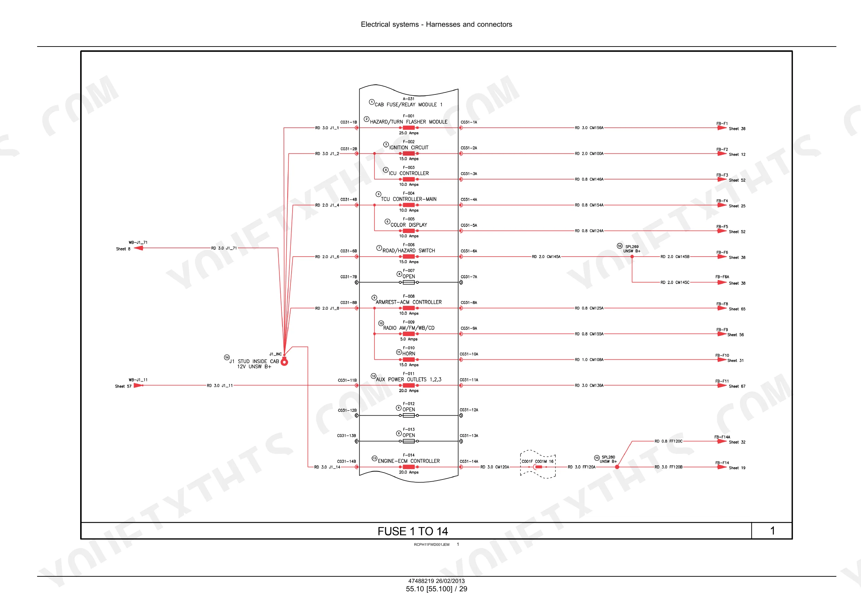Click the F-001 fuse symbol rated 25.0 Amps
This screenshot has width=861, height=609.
coord(408,127)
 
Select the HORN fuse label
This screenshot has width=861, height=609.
coord(409,353)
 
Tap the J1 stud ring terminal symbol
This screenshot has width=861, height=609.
coord(284,362)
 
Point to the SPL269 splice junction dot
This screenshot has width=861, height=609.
coord(632,257)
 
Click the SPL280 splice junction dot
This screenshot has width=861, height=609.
coord(617,467)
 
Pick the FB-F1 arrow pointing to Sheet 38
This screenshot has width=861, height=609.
coord(722,127)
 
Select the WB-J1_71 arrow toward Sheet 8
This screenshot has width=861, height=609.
coord(138,248)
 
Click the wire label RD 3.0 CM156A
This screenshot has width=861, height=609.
coord(589,127)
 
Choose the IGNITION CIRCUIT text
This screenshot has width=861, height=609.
coord(409,148)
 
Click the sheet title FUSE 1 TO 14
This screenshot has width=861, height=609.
coord(413,531)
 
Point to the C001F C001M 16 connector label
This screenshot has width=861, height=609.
coord(537,461)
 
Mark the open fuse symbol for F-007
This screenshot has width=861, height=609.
coord(408,282)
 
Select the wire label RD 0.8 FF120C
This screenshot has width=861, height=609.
coord(669,441)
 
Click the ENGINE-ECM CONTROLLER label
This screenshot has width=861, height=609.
coord(409,461)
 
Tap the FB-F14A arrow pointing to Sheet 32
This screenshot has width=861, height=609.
coord(722,441)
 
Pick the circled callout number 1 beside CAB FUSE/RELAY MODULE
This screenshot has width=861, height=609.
coord(372,102)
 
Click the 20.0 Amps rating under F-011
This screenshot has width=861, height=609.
coord(408,390)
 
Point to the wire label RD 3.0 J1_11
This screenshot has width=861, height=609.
coord(220,385)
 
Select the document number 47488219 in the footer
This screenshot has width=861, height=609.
coord(421,581)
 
